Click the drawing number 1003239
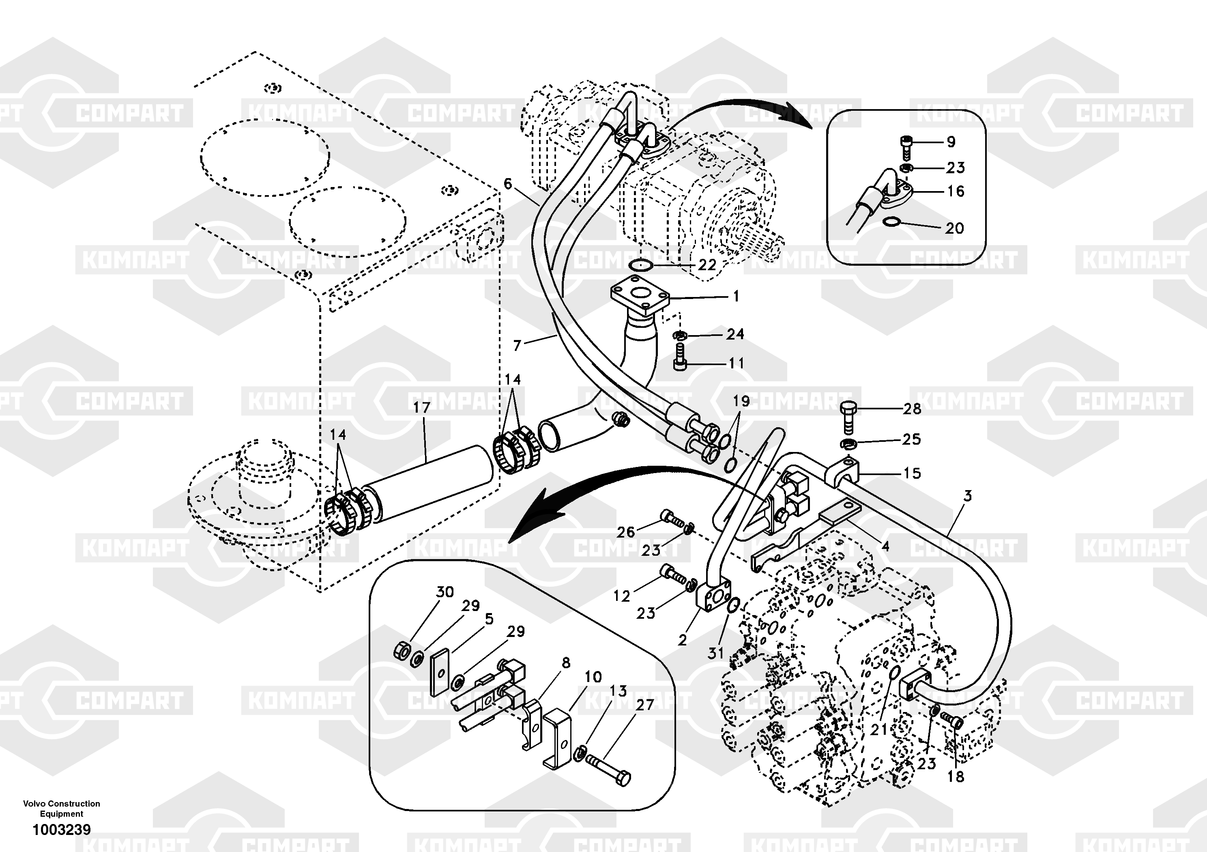point(62,829)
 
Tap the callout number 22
point(707,265)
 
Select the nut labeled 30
point(402,651)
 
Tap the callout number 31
point(715,653)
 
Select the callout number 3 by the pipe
point(967,495)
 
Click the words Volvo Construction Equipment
point(62,808)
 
